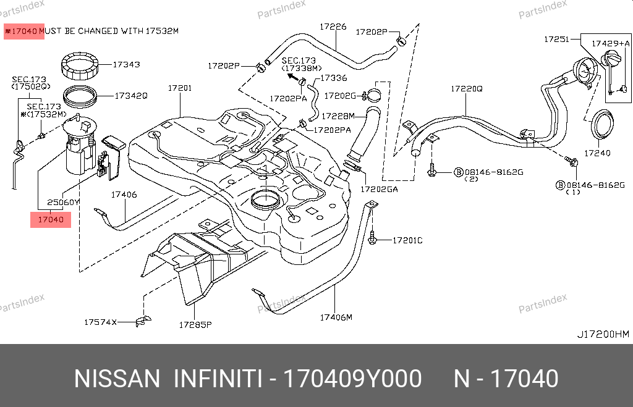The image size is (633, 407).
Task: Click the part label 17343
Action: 126,64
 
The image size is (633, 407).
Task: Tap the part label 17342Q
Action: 132,96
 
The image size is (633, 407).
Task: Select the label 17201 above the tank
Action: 180,88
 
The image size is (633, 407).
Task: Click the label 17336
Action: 334,78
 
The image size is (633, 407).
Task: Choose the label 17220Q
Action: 466,88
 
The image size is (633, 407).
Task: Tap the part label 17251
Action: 556,39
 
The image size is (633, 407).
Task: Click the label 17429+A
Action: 610,43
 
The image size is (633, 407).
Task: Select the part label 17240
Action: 597,153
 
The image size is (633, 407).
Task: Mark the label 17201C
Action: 407,240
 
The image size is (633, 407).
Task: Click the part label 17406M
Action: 336,317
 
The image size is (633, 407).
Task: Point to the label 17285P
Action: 195,324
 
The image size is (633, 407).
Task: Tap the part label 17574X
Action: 100,322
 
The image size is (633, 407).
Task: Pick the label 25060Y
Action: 64,202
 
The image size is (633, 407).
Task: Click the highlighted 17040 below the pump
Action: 51,219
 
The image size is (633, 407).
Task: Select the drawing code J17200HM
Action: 603,334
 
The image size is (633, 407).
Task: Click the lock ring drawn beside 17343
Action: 80,65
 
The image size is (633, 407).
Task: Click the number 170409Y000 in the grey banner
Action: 352,379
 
